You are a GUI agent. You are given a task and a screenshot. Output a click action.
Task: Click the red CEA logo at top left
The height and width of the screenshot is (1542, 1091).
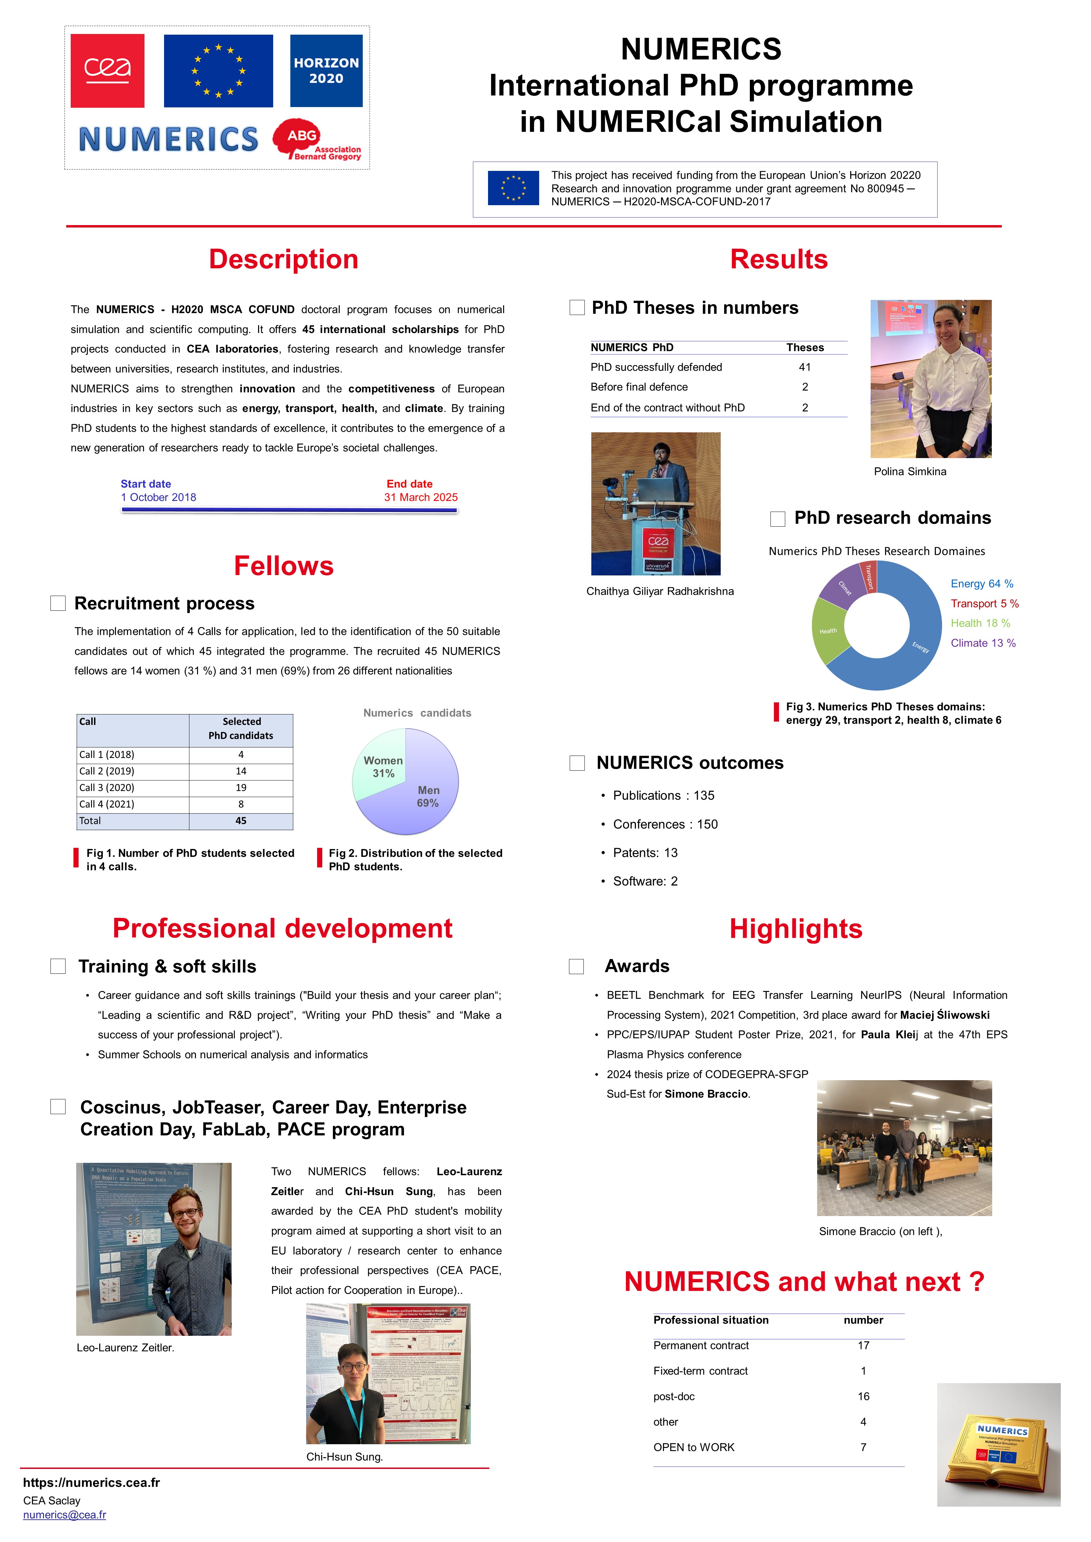(107, 71)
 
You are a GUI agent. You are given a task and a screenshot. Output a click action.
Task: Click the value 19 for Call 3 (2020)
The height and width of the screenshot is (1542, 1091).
(241, 788)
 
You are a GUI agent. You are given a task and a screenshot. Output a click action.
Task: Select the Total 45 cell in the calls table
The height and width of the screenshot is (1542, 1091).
(241, 821)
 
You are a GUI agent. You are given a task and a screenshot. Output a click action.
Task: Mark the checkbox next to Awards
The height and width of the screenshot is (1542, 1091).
(577, 967)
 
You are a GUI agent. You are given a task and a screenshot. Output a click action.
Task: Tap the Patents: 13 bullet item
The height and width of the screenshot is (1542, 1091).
(645, 853)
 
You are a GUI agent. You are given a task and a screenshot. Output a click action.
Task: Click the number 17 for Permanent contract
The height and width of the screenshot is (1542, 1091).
(863, 1345)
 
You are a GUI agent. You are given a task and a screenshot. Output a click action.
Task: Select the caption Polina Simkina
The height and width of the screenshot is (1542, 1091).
(909, 471)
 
